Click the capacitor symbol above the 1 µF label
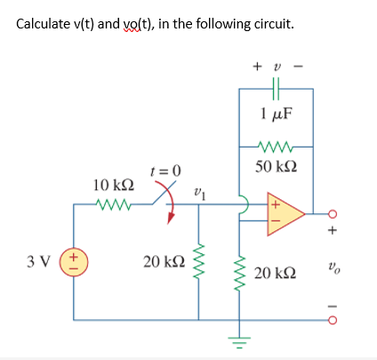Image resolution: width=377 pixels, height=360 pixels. pos(276,90)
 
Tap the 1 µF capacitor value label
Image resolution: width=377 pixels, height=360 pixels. pos(277,114)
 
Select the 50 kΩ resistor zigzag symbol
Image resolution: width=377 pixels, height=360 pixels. pos(276,146)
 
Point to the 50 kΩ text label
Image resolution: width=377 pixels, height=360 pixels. pos(277,165)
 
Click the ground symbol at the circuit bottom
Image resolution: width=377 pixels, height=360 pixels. pos(238,340)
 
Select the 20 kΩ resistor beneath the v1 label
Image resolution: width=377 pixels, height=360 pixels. pos(199,264)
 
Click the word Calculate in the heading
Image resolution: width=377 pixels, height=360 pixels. pos(45,21)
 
